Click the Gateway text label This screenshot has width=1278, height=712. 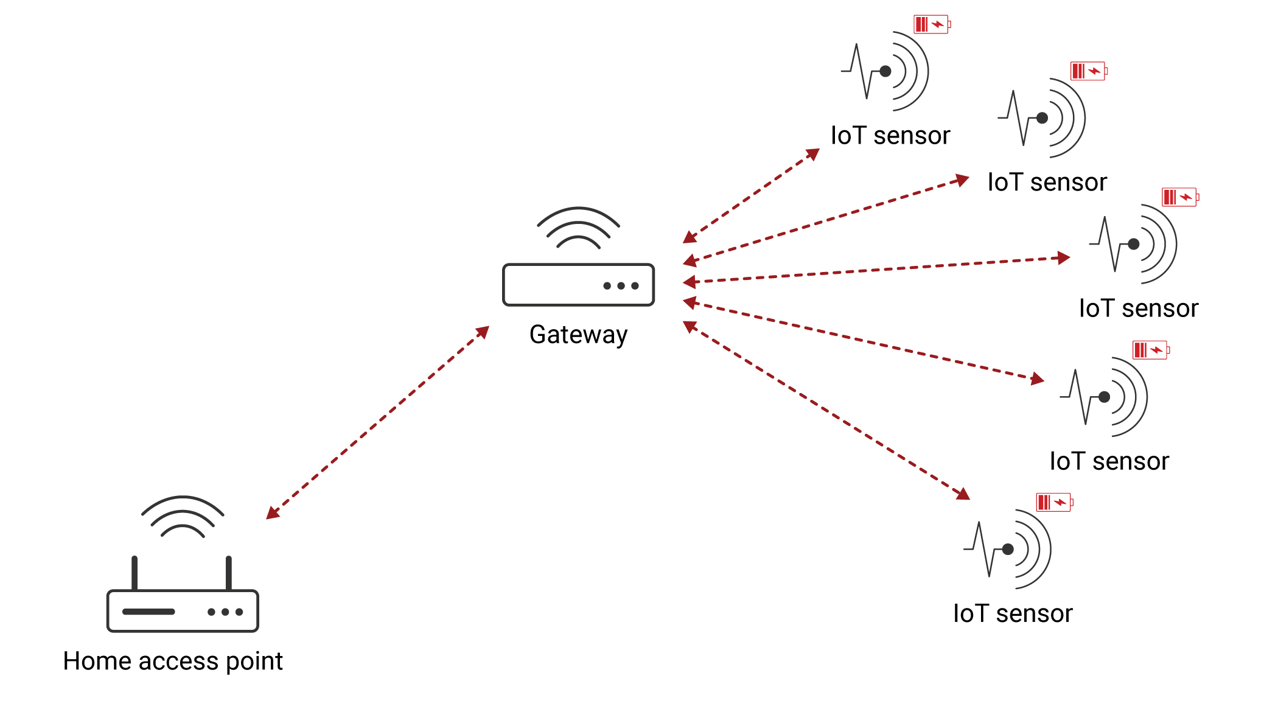[578, 335]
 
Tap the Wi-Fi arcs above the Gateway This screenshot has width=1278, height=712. [578, 228]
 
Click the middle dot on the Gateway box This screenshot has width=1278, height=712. [621, 285]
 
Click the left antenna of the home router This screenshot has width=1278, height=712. [134, 573]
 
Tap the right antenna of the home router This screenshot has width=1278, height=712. [229, 573]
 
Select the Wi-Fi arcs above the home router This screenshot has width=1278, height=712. [183, 517]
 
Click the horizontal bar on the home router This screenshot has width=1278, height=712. [148, 612]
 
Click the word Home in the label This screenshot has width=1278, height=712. [97, 661]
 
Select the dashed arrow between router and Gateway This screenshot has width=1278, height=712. [377, 423]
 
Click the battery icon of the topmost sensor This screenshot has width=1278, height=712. [932, 24]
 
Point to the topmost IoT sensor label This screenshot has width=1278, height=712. [890, 136]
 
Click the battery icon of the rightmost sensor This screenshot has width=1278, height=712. [1179, 197]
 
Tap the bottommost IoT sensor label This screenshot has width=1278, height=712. [1013, 613]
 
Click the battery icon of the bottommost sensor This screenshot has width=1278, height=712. [1054, 503]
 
